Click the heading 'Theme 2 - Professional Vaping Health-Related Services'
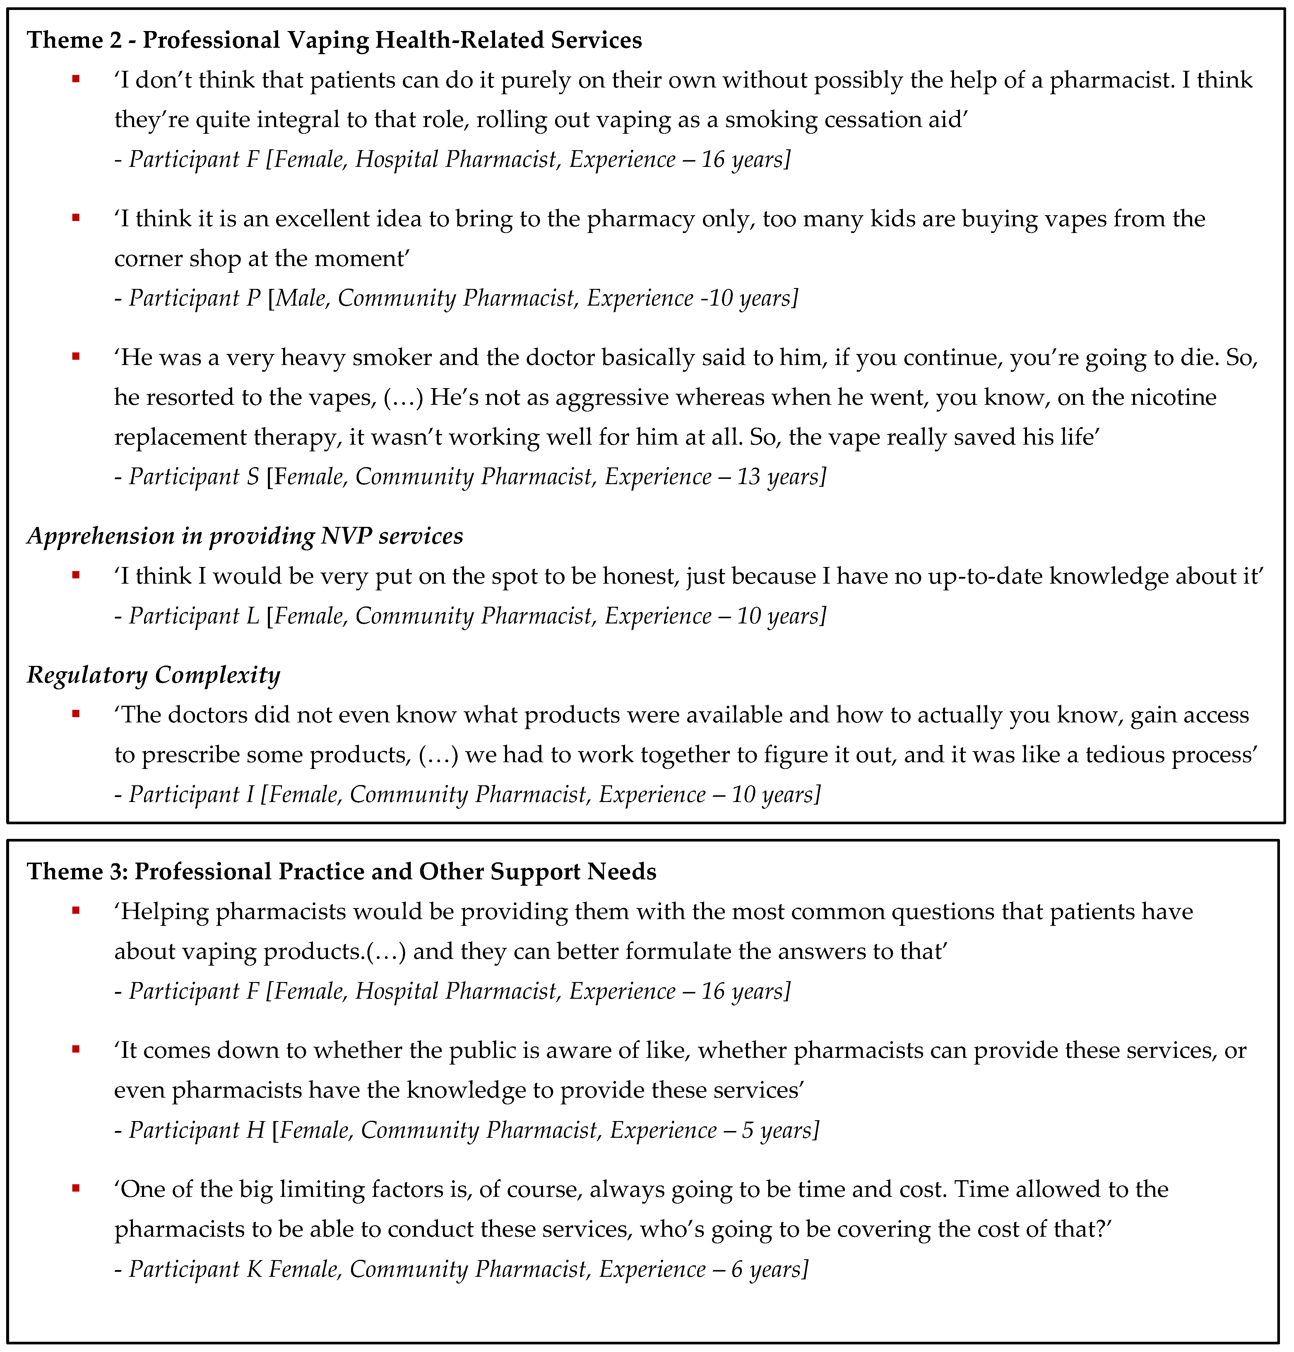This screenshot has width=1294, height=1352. [x=335, y=40]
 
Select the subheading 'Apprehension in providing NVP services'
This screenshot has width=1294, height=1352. [x=245, y=536]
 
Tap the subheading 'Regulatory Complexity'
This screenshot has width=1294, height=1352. [x=153, y=675]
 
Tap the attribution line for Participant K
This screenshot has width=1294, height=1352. [x=461, y=1269]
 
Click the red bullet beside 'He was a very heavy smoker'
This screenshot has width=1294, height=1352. [x=76, y=357]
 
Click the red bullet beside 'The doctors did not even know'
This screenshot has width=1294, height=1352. [x=76, y=714]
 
